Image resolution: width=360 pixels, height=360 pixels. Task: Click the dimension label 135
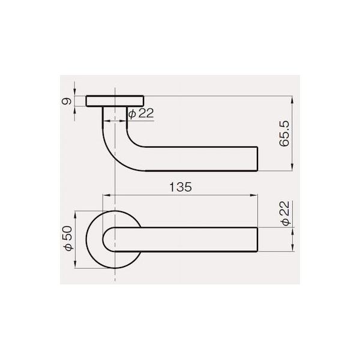pyautogui.click(x=181, y=187)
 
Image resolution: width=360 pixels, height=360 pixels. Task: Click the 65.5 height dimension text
pyautogui.click(x=284, y=134)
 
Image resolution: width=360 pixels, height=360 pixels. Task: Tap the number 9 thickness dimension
pyautogui.click(x=67, y=101)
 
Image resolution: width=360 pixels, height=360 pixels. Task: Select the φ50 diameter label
pyautogui.click(x=68, y=238)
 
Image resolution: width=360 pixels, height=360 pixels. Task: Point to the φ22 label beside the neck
pyautogui.click(x=141, y=113)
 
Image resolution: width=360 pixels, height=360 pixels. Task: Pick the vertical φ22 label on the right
pyautogui.click(x=286, y=214)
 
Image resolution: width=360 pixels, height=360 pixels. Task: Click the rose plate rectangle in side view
pyautogui.click(x=115, y=101)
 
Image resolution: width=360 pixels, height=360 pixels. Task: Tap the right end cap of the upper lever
pyautogui.click(x=257, y=159)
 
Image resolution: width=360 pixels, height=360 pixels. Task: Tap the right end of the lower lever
pyautogui.click(x=257, y=239)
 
